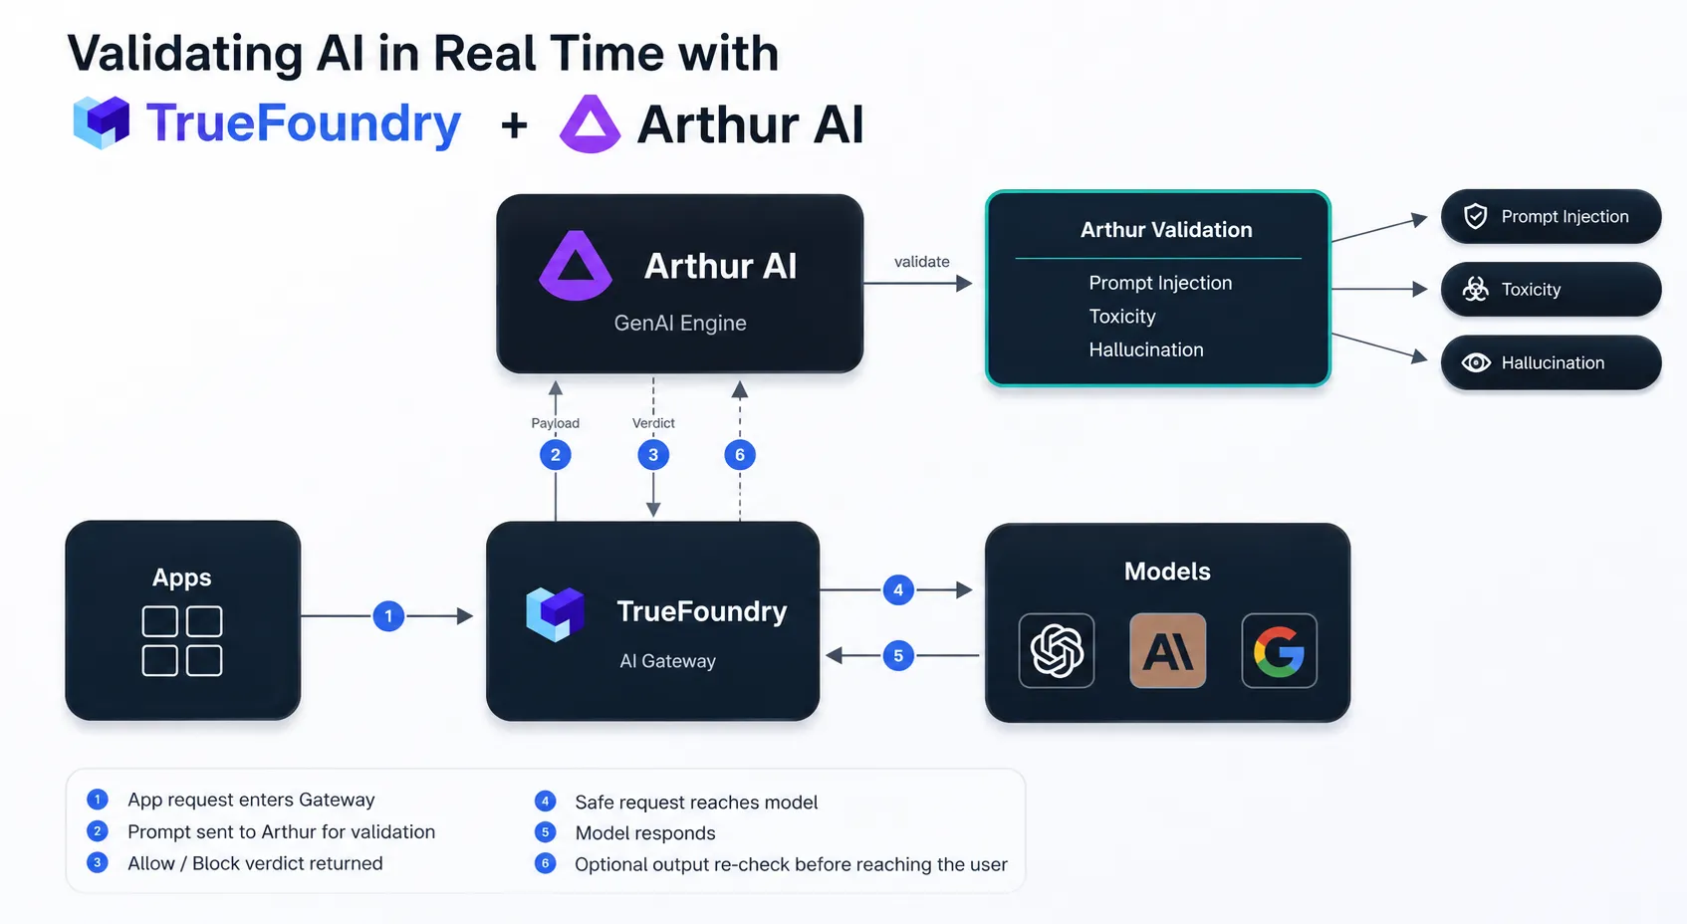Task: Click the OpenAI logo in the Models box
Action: (1057, 650)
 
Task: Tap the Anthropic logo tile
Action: (1167, 650)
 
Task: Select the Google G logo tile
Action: (1279, 650)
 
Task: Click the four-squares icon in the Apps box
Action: (182, 641)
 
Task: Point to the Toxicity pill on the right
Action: (1551, 289)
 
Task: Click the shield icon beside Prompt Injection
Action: (1475, 216)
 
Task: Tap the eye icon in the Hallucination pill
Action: (1476, 363)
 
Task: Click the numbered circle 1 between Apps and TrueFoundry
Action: (388, 616)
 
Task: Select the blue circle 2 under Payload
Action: (555, 455)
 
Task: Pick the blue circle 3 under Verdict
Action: (653, 455)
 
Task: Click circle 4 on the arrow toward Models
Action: (897, 589)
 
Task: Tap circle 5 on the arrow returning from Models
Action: (897, 655)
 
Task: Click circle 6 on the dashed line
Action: (740, 455)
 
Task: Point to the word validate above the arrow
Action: (922, 261)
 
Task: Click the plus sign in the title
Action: (515, 125)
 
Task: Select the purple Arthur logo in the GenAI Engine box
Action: (576, 265)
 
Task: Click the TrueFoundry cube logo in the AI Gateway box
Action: (555, 613)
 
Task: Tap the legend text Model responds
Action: (644, 832)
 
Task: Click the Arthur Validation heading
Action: (1166, 230)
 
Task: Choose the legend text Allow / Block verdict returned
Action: (255, 863)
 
